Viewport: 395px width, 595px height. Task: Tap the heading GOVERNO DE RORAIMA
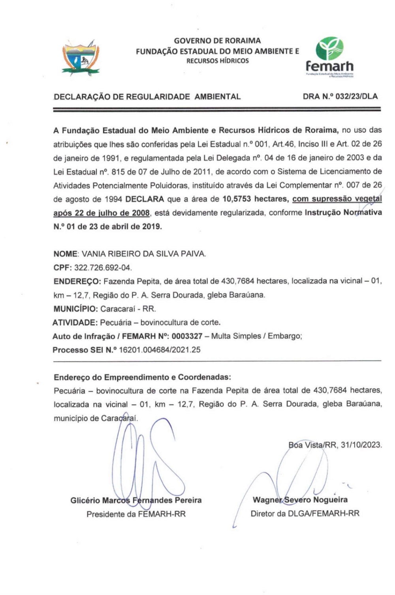tap(217, 41)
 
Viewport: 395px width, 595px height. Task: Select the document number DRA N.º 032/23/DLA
tap(340, 96)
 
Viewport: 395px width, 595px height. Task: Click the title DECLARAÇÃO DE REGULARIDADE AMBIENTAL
tap(147, 96)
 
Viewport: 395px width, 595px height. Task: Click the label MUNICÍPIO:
tap(75, 308)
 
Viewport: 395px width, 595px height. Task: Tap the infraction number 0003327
tap(187, 336)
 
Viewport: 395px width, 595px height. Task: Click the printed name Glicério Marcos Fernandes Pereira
tap(136, 500)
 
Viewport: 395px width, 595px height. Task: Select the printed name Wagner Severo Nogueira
tap(300, 500)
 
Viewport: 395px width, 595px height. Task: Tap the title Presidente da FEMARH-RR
tap(136, 514)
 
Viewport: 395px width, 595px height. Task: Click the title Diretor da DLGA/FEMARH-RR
tap(305, 514)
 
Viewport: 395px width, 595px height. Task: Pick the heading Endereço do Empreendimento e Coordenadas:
tap(142, 377)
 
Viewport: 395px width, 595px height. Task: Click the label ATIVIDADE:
tap(75, 322)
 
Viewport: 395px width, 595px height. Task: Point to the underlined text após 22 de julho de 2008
tap(102, 213)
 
